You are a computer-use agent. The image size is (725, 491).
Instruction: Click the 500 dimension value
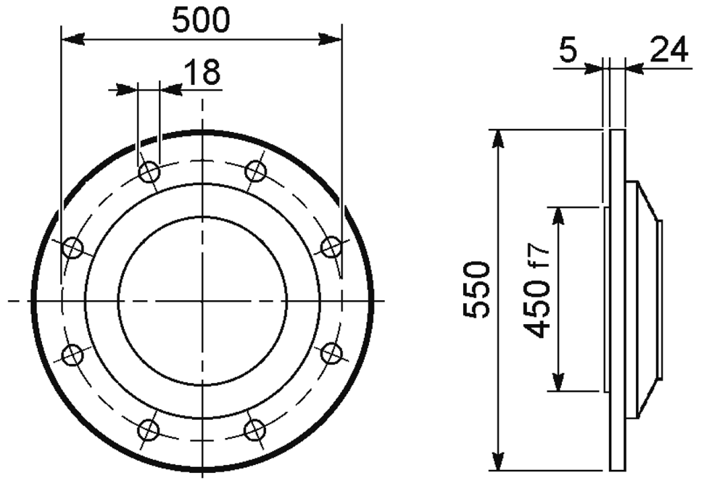tap(201, 20)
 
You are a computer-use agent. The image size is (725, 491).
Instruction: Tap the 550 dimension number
tap(476, 289)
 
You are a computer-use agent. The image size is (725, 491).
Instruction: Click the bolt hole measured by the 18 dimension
tap(149, 172)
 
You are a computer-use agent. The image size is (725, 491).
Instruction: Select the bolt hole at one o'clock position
tap(255, 172)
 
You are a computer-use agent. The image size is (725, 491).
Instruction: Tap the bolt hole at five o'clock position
tap(255, 429)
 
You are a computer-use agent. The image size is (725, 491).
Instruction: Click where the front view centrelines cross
tap(202, 300)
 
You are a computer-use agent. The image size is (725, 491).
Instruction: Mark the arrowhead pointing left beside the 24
tap(632, 69)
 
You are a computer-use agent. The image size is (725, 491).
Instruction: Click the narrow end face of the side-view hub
tap(660, 300)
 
